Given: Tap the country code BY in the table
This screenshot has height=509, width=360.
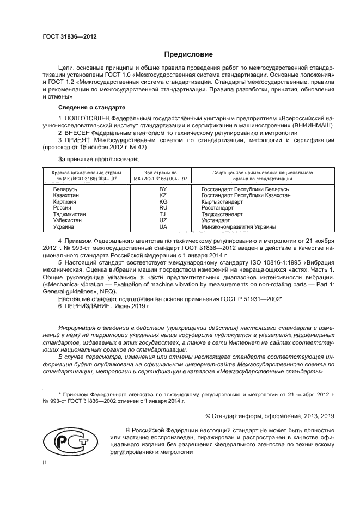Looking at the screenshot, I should coord(162,188).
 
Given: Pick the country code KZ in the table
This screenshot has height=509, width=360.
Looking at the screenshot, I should coord(162,195).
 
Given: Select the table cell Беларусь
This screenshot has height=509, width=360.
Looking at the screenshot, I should coord(64,188).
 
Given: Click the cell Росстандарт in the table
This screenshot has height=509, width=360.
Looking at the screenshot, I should coord(218,207).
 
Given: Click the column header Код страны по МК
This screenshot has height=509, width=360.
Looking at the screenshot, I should coord(162,175).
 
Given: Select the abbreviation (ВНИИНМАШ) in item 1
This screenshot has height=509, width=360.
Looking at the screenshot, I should coord(308,125).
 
